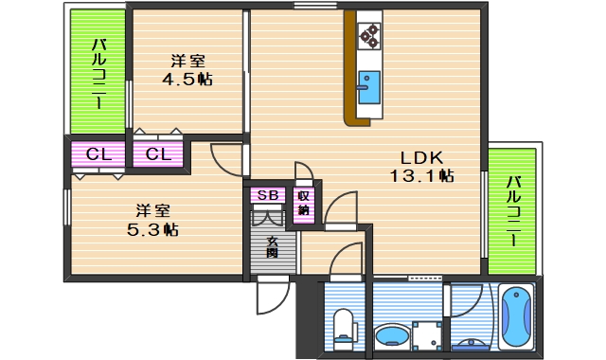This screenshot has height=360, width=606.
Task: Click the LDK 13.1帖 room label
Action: pos(421,167)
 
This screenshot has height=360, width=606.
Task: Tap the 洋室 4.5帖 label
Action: pos(187,70)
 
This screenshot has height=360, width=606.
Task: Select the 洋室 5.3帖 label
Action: pos(152,221)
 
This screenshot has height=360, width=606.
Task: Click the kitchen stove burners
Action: pos(368,36)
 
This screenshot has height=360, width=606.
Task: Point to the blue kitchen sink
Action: pos(368,87)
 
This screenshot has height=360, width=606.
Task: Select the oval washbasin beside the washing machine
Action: pos(392,334)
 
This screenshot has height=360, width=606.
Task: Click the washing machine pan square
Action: pos(427,335)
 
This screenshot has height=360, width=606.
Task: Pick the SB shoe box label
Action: pos(268,195)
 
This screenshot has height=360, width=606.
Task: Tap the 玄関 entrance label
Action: pos(272,247)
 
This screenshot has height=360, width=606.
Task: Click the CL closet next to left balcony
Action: pos(98,154)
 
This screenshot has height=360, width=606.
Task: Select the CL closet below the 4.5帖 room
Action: pos(158,154)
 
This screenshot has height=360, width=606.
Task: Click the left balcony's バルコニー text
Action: pos(98,74)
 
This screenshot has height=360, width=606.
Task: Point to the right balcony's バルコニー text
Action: pos(513,211)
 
